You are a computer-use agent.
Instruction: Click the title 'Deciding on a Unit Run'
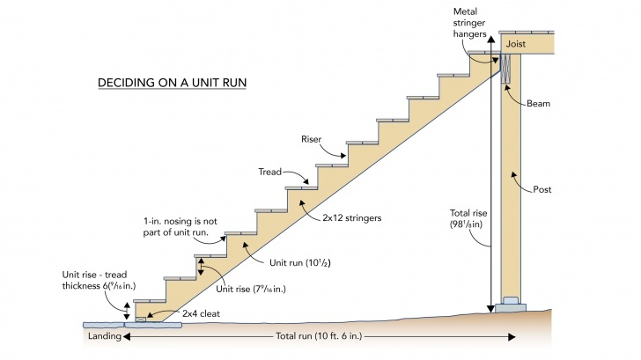172,83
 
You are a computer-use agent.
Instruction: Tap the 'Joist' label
516,44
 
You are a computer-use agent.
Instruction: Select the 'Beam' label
538,103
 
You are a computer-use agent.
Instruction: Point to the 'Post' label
542,189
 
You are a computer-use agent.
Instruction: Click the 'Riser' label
312,139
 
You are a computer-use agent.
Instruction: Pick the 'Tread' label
269,172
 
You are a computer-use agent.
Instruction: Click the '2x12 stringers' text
352,217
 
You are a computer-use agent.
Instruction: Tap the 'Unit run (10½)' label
300,262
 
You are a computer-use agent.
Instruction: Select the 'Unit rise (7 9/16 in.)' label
251,289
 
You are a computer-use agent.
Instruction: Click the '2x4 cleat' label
201,313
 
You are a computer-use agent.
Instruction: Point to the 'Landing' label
105,336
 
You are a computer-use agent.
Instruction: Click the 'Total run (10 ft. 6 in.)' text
319,336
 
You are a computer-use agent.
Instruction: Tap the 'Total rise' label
468,218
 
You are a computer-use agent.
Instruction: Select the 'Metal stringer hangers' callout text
469,23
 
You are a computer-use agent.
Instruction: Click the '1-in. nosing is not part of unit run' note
181,227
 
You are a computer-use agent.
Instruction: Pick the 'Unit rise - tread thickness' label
99,280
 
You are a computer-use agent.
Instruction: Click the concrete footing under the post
511,305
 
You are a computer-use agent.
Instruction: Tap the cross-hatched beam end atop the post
506,69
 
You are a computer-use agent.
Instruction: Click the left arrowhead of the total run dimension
127,337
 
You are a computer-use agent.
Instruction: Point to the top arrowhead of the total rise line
491,40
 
